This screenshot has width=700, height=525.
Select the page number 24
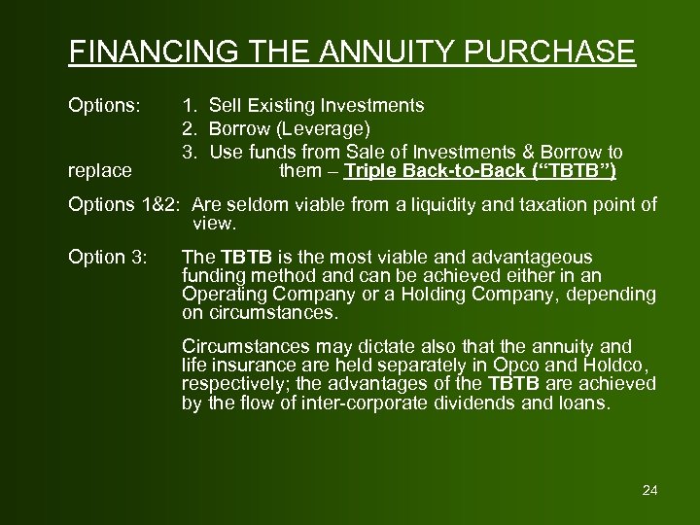click(x=650, y=490)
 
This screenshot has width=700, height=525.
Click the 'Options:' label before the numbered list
click(x=103, y=104)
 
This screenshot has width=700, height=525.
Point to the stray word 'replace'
click(x=100, y=171)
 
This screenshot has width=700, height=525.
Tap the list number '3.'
click(x=190, y=153)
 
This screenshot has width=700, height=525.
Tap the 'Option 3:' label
click(x=108, y=258)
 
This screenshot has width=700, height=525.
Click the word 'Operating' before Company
click(x=220, y=295)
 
